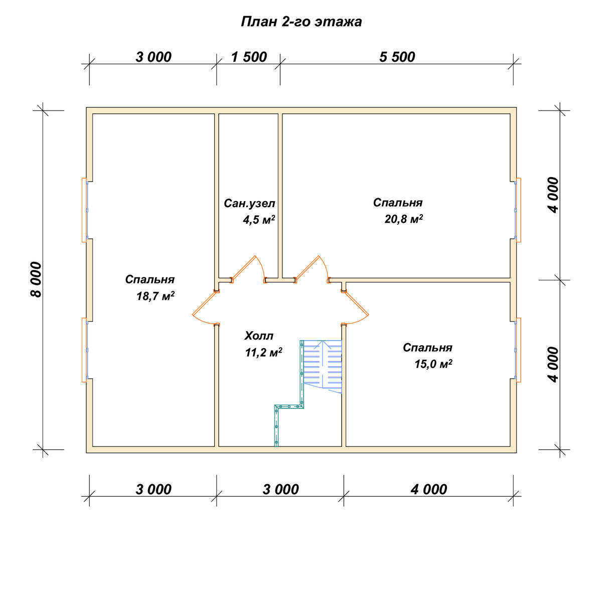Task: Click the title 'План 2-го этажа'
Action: [301, 22]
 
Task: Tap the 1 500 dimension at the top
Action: [249, 57]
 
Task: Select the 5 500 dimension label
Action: [397, 57]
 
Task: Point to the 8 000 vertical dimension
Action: [36, 279]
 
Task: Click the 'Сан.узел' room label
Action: [249, 204]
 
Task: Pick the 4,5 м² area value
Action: [259, 220]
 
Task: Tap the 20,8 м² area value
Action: [404, 219]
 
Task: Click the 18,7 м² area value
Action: [155, 296]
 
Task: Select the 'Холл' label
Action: [259, 336]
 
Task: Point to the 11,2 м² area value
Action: [264, 353]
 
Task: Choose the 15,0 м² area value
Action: [433, 364]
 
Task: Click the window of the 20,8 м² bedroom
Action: [518, 210]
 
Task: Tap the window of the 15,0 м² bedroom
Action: [518, 350]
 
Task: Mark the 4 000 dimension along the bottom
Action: [428, 489]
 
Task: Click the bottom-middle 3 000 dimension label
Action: [280, 489]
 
